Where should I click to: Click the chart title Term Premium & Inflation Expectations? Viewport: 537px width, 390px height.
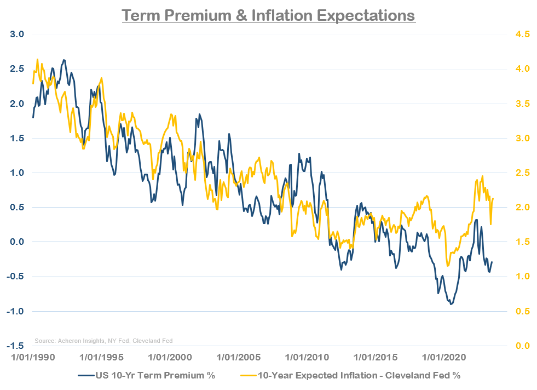click(x=268, y=15)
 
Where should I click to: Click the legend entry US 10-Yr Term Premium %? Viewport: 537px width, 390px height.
click(x=146, y=375)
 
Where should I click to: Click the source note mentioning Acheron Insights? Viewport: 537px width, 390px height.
click(x=103, y=341)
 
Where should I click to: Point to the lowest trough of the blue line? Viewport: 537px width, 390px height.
click(x=451, y=303)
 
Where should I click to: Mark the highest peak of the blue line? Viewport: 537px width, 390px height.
click(x=64, y=60)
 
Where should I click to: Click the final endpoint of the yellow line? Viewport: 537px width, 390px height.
click(x=493, y=198)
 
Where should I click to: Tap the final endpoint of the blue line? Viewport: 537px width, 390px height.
click(x=492, y=262)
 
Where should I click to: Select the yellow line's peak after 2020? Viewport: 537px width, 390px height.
click(x=482, y=176)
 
